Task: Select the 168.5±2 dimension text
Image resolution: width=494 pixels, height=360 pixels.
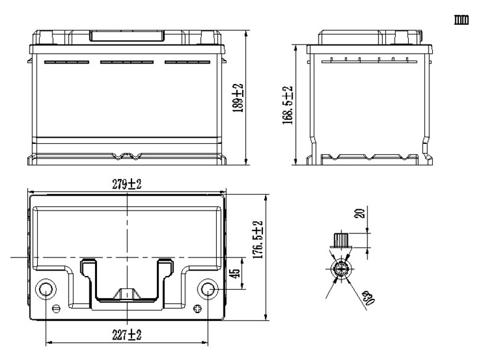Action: [x=287, y=105]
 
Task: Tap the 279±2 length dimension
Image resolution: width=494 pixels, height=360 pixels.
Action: [x=127, y=184]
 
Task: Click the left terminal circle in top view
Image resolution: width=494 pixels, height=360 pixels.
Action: [x=46, y=288]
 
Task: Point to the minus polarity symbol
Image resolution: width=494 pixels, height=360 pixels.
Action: [x=56, y=309]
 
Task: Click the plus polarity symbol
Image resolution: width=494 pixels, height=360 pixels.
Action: [x=198, y=309]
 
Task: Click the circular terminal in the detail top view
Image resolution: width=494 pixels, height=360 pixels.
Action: [x=340, y=269]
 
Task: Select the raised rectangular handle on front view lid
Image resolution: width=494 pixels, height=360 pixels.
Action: [x=127, y=36]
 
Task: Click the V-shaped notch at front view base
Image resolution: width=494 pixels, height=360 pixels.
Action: [x=127, y=157]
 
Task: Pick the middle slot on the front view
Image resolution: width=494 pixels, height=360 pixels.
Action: [x=127, y=62]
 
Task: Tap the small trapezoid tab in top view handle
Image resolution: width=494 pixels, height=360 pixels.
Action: [x=127, y=293]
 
